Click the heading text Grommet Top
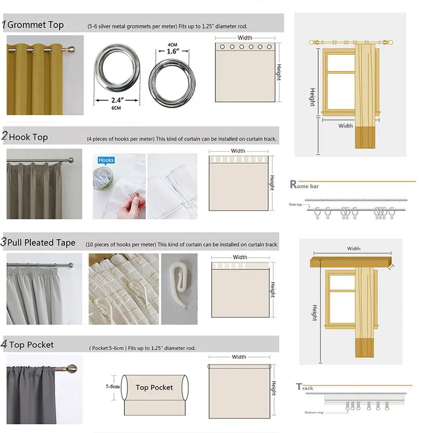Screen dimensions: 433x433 coord(36,25)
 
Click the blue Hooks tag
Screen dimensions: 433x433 coord(106,160)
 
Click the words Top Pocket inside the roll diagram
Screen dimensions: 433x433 coord(154,387)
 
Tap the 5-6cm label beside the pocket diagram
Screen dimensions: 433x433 coord(113,387)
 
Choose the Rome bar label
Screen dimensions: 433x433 coord(307,185)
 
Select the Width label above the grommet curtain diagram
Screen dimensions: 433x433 coord(245,38)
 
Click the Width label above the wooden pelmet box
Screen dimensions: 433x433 coord(353,248)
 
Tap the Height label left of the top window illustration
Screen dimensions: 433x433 coord(312,97)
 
